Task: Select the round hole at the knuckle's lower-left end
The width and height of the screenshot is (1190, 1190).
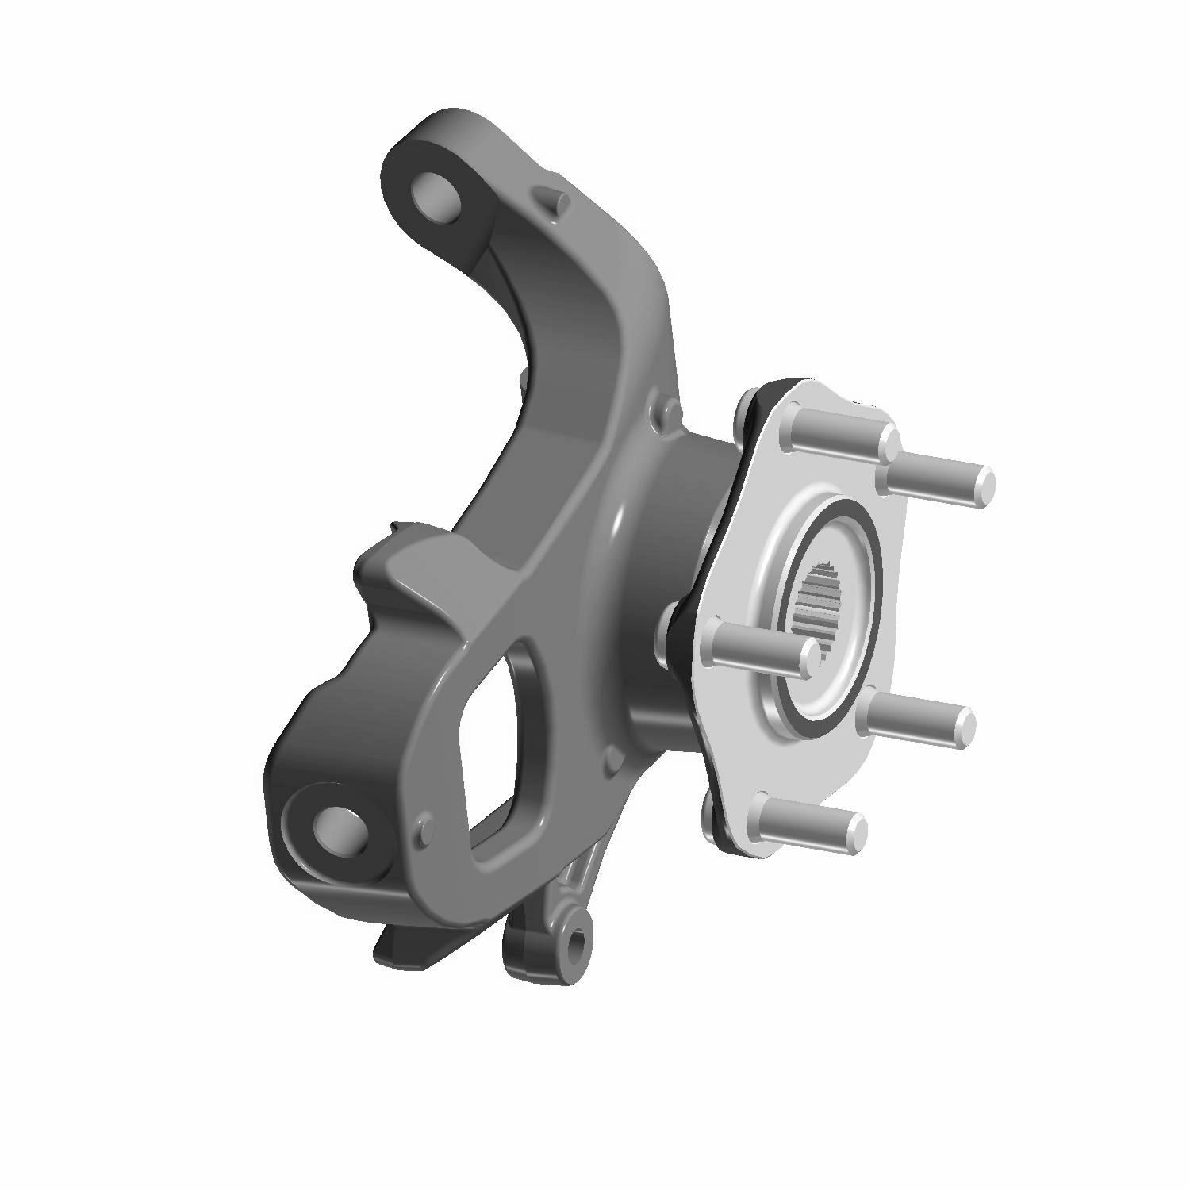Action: point(337,828)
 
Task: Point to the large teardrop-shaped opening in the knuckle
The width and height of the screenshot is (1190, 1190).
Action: point(492,738)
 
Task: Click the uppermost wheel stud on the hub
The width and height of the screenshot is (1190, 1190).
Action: point(841,436)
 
